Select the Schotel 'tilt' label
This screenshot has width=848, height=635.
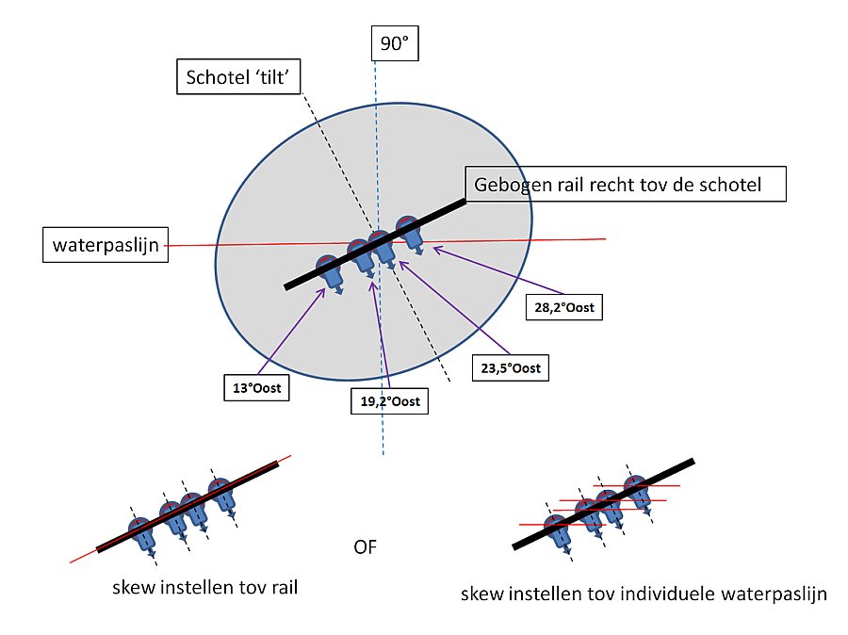click(238, 78)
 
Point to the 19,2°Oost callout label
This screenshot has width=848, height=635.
click(389, 401)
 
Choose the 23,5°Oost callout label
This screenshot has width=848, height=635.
click(510, 367)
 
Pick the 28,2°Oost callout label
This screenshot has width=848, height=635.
click(562, 307)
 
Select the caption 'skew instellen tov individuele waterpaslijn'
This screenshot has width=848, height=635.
click(644, 594)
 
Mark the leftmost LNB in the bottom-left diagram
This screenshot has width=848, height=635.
click(142, 532)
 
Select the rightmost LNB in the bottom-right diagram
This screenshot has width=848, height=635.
click(641, 489)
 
